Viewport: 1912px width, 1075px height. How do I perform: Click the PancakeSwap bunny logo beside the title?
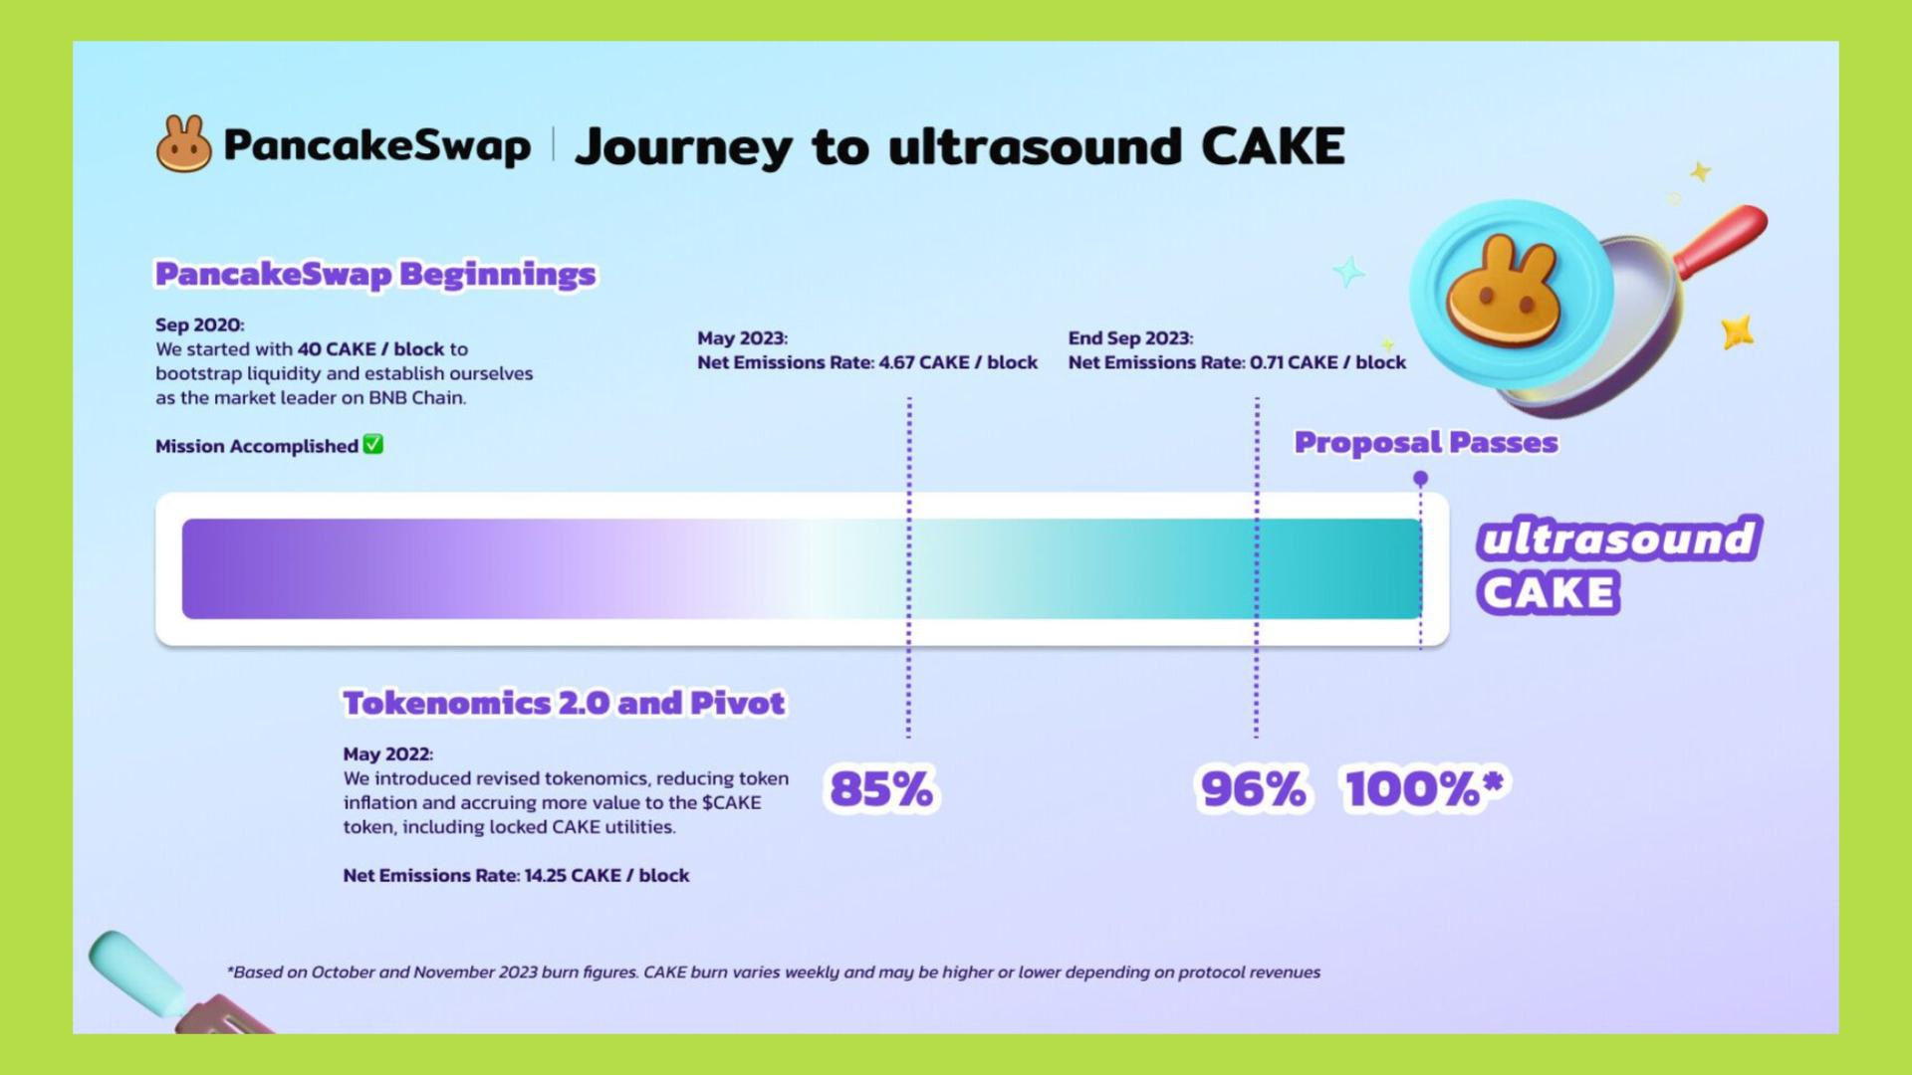click(184, 144)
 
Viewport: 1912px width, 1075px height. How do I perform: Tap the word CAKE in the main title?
click(1273, 146)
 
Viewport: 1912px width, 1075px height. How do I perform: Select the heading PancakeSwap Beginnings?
click(375, 274)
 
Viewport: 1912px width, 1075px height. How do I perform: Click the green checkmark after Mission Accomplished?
click(373, 445)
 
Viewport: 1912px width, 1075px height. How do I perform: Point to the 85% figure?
click(881, 789)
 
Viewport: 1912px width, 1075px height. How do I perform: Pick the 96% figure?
click(1253, 789)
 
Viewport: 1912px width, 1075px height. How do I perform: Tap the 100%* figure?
click(1425, 788)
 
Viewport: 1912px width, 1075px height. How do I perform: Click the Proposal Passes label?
click(1426, 442)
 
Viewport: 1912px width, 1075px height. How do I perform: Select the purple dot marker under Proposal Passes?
click(1421, 479)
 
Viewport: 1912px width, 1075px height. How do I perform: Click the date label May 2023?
click(742, 338)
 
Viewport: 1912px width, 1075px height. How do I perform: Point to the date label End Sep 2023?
click(1130, 338)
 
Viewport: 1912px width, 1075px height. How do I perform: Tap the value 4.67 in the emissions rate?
click(896, 362)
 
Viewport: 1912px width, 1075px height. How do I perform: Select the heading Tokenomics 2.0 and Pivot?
click(564, 703)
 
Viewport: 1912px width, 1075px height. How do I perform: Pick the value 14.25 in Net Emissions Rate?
click(545, 875)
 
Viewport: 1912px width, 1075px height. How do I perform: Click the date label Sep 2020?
click(199, 324)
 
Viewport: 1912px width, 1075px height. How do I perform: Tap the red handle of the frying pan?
click(1720, 239)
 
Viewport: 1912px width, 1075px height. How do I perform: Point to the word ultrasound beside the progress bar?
click(1619, 538)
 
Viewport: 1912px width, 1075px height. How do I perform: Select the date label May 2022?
click(388, 753)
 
